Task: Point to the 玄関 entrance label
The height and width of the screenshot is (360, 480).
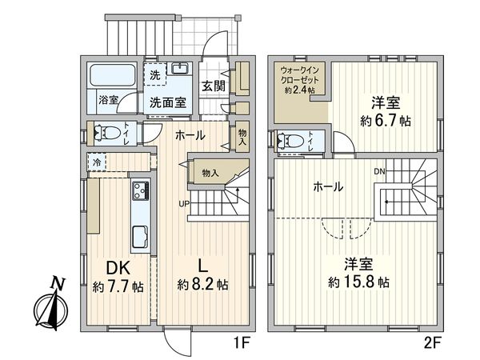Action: click(x=213, y=86)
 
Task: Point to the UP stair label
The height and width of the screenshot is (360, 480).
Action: click(x=184, y=203)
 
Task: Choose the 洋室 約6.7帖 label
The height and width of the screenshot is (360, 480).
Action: click(x=386, y=112)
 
